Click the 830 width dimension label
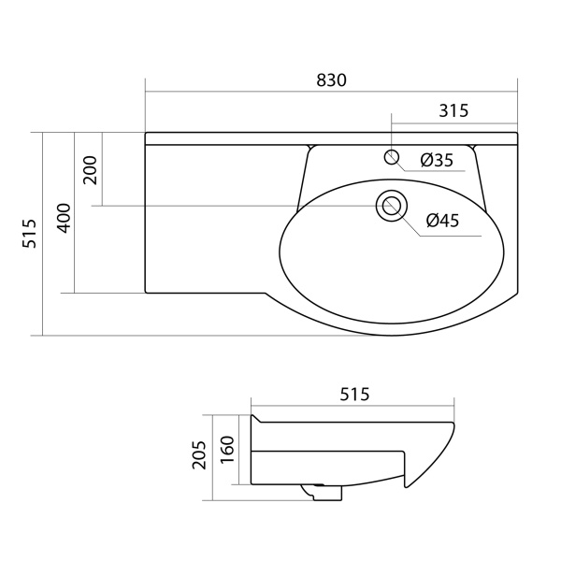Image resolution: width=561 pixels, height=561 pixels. (331, 80)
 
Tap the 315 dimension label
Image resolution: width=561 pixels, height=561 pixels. (453, 110)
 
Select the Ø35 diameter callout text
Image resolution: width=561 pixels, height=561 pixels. (437, 160)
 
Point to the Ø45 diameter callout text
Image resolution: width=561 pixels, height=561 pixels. (442, 221)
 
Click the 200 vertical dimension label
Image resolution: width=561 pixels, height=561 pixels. (90, 170)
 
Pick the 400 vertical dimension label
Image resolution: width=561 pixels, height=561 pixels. (65, 218)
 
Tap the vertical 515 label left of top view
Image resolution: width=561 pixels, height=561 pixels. (30, 234)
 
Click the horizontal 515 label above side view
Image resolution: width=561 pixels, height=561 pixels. (354, 395)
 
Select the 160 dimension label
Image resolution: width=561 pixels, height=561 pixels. (227, 450)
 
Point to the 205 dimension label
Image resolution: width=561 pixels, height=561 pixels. (199, 454)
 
